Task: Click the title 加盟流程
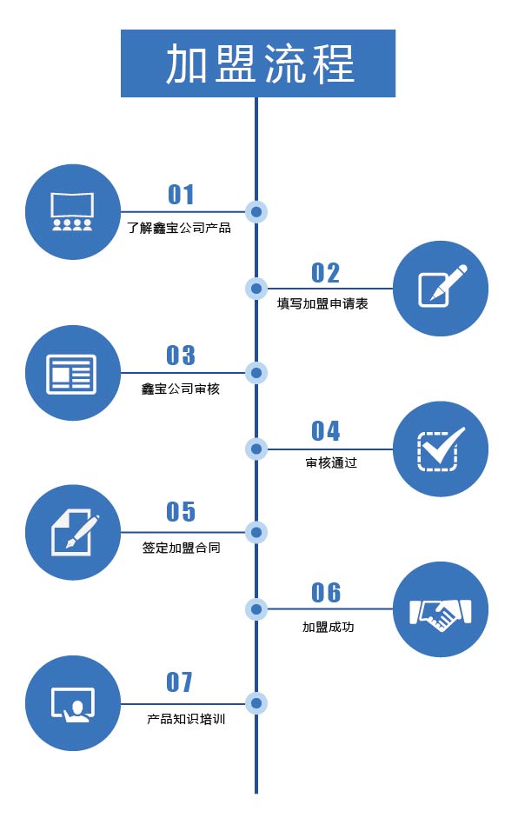click(x=261, y=63)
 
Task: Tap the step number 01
click(x=181, y=195)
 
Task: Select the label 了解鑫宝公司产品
click(x=179, y=228)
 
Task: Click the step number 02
click(x=326, y=273)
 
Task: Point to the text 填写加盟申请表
click(x=322, y=303)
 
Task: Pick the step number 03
click(x=181, y=356)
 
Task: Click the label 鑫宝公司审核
click(x=181, y=389)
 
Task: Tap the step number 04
click(x=326, y=431)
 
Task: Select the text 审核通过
click(x=331, y=462)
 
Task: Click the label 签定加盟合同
click(x=181, y=548)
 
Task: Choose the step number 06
click(x=326, y=593)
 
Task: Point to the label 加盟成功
click(x=329, y=627)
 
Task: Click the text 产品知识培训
click(x=186, y=719)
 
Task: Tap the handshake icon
click(x=441, y=614)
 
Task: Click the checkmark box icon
click(x=441, y=449)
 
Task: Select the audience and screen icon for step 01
click(x=72, y=212)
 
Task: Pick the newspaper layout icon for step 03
click(x=72, y=374)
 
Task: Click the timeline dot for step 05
click(x=256, y=532)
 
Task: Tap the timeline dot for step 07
click(x=256, y=703)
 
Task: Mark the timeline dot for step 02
click(x=256, y=288)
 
